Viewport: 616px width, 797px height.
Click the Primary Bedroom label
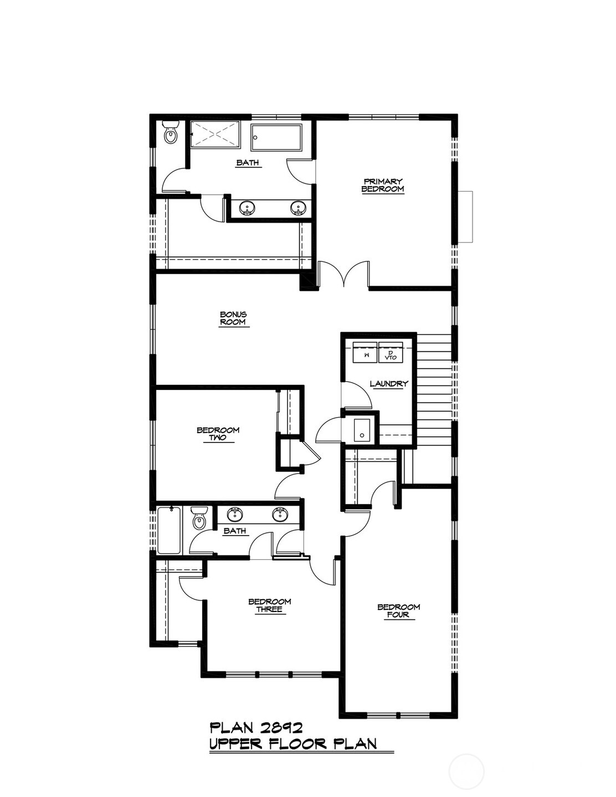(x=383, y=185)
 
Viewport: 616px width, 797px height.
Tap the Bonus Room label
(x=233, y=318)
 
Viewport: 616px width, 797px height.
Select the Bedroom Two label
(x=218, y=434)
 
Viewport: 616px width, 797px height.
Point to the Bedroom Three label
(x=269, y=605)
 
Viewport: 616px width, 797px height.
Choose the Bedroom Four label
(x=398, y=611)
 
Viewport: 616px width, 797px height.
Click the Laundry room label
(x=389, y=384)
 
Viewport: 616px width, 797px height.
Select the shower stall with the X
(x=215, y=135)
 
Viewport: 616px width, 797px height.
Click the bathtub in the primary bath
(x=277, y=137)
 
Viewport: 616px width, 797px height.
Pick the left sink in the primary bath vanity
(x=247, y=208)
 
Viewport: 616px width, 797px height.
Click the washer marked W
(x=365, y=352)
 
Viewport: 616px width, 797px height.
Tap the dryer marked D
(x=391, y=352)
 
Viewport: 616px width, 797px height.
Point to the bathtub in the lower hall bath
(x=169, y=531)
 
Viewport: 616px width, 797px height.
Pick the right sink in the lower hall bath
(x=280, y=515)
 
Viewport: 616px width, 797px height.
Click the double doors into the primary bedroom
(x=343, y=274)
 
